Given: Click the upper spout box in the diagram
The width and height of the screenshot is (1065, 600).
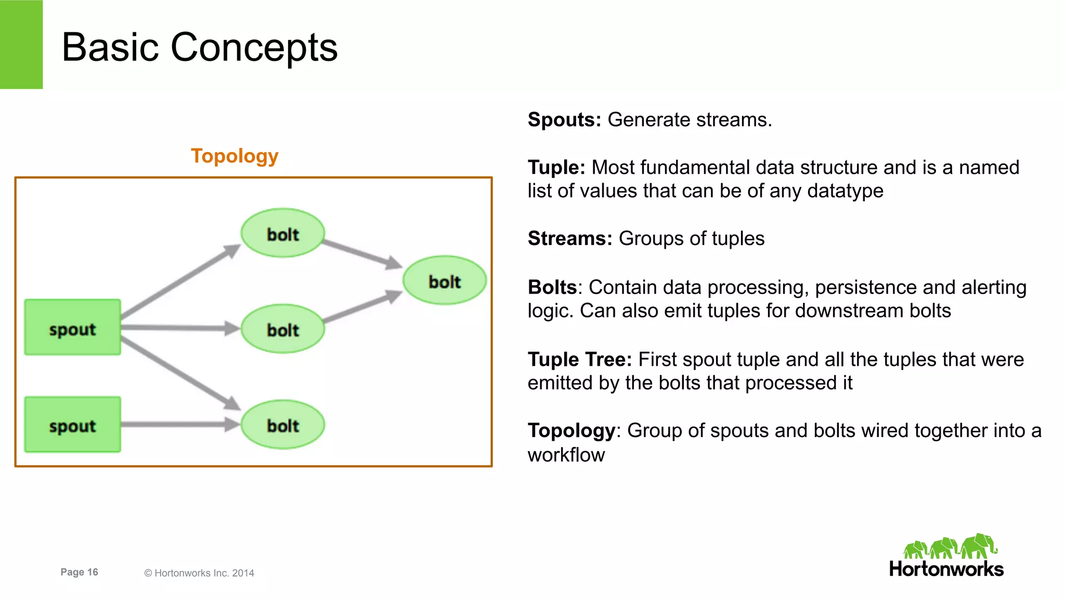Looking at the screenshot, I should point(72,327).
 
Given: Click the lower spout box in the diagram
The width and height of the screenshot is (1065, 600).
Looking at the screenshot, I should point(72,425).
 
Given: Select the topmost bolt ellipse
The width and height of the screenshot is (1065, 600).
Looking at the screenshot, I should point(283,233).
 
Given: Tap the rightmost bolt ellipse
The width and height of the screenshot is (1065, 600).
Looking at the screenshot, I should point(445,280).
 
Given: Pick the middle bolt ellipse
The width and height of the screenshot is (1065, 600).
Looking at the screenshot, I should point(283,329).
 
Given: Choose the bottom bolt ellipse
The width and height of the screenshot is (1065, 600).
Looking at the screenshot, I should point(283,425).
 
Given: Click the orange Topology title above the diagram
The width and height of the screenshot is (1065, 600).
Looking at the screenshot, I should point(235,156).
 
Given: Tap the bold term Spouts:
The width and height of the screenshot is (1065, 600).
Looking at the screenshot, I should point(564,120).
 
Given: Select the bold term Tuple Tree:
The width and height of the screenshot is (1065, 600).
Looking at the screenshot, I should point(579,360).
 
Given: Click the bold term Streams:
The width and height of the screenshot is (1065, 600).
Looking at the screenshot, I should point(570,238).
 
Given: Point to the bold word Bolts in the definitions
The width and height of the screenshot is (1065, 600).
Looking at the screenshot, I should point(552,287).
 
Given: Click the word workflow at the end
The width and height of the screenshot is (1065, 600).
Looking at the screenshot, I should point(566,455).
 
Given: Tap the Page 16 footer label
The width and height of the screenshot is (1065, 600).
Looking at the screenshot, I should point(79,572).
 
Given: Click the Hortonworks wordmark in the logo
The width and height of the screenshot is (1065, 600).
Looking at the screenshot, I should point(946,569).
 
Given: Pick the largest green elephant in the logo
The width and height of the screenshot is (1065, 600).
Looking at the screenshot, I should point(978,546).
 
